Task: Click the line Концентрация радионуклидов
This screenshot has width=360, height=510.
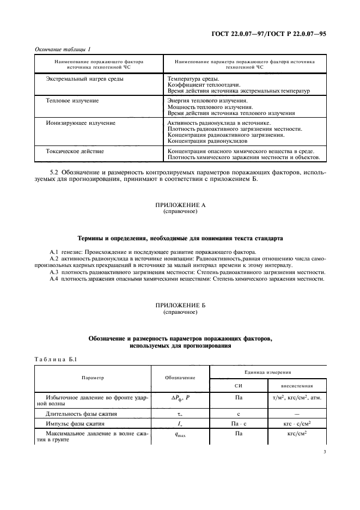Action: click(204, 141)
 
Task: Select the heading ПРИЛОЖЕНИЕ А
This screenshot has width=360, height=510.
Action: click(180, 204)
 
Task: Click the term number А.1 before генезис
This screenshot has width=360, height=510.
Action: click(54, 253)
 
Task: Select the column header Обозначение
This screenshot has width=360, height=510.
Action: click(179, 378)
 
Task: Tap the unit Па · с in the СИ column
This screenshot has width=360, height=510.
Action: click(238, 423)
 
